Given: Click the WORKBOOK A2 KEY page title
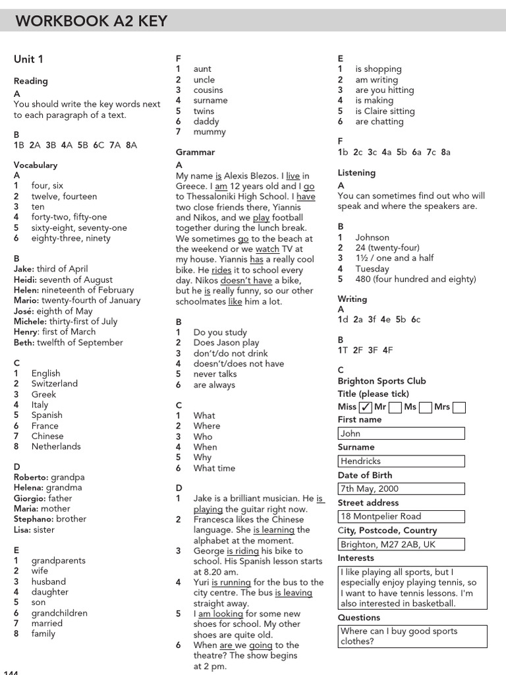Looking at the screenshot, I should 91,21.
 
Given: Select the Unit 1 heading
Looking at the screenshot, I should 28,59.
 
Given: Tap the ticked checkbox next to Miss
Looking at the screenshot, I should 365,407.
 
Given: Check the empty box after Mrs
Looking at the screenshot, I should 459,407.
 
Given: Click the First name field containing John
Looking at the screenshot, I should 401,434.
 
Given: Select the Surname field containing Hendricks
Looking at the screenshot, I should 401,461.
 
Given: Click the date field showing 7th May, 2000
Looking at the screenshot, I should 401,489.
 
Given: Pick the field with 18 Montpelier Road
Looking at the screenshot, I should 401,517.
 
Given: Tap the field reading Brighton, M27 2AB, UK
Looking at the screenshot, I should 401,544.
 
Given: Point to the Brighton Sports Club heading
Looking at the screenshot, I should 381,381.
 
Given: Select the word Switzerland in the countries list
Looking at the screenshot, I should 54,384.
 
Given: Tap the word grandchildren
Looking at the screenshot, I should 59,613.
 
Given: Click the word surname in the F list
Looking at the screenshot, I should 210,100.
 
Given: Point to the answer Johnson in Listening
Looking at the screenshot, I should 372,237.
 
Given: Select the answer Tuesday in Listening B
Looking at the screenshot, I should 372,269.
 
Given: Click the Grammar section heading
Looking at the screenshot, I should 195,152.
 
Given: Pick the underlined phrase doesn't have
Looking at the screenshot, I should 237,280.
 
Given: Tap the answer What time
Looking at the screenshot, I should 214,468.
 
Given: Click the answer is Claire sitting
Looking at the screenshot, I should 385,111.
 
